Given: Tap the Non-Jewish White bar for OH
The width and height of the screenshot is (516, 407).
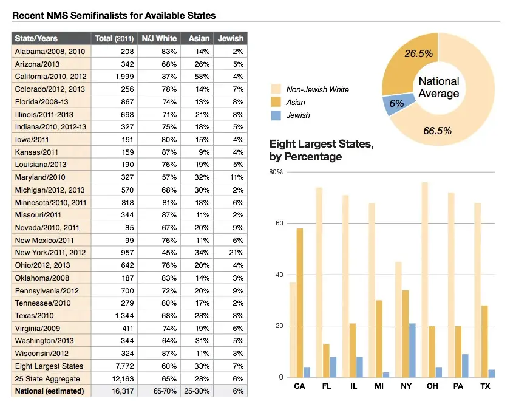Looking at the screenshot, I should point(424,279).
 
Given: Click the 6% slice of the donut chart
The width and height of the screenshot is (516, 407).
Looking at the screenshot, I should point(395,104).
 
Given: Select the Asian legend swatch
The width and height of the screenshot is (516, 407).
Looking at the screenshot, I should point(275,102).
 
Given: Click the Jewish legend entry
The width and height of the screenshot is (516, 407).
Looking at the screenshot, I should point(297,115).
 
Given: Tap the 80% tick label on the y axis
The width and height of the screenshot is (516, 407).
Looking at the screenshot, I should point(276,173).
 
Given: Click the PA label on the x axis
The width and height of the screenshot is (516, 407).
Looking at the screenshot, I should point(458,386).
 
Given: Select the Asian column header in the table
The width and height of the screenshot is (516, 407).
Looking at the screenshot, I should point(199,38).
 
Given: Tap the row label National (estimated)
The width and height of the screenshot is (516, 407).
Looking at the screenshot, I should point(49,391).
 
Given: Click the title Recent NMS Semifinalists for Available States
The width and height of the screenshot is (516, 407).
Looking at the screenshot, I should point(114,15).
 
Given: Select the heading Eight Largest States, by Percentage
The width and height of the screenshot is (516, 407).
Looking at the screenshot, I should point(321,151).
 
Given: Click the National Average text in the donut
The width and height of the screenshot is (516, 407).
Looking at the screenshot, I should point(439,87).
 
